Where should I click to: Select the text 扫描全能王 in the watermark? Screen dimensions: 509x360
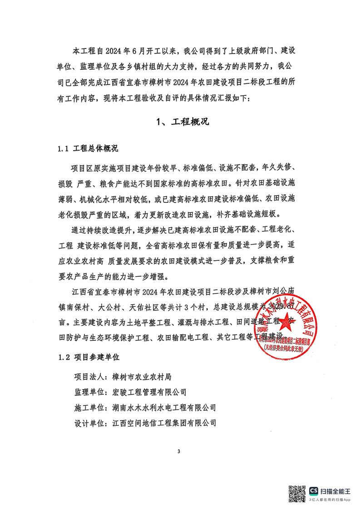click(x=336, y=490)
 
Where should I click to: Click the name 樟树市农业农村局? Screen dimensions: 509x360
click(x=141, y=376)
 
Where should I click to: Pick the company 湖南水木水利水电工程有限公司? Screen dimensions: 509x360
click(x=164, y=407)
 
